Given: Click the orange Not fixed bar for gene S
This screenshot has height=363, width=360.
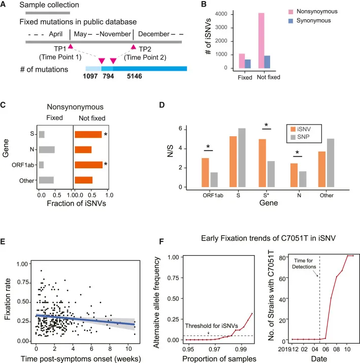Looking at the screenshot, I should point(88,134).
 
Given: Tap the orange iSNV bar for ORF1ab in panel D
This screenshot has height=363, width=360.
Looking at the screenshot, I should point(206,173).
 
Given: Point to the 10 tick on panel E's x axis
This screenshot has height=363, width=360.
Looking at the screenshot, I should point(129,350).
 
